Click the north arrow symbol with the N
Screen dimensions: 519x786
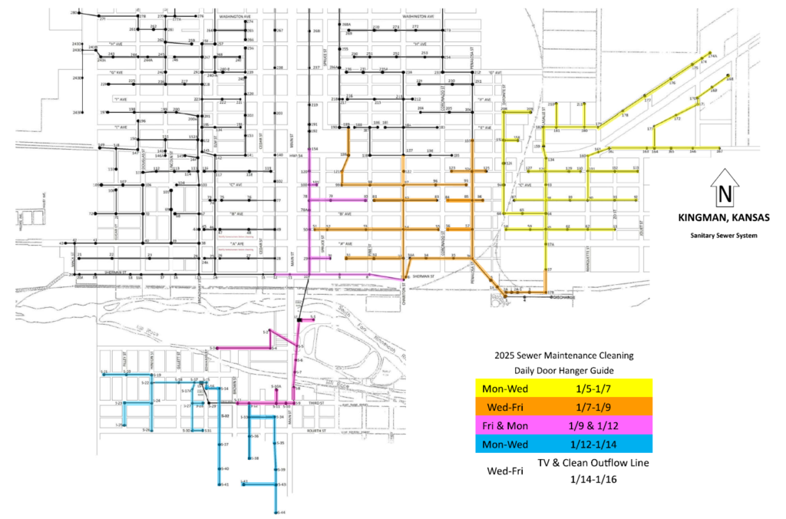coord(724,189)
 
